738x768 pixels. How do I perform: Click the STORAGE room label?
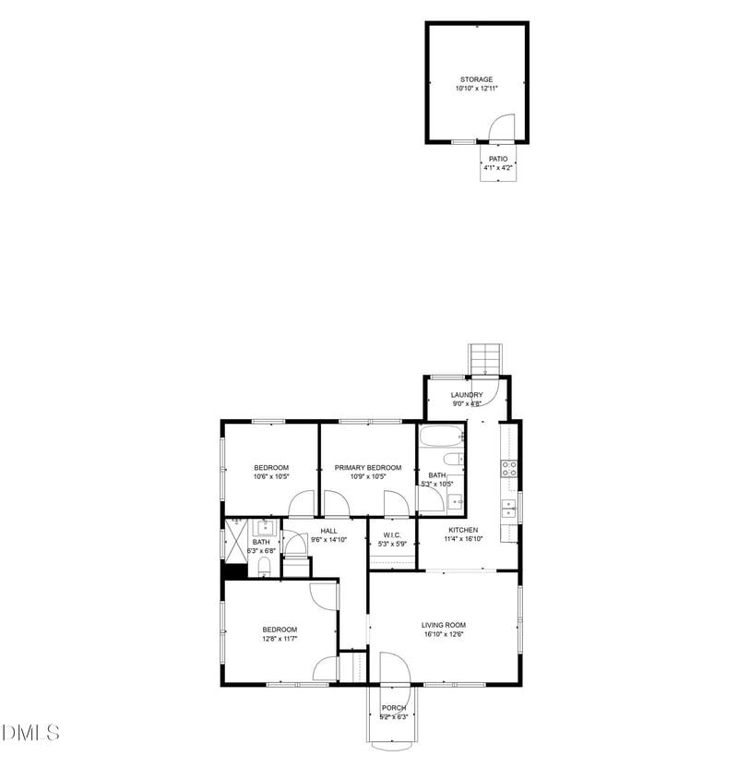pyautogui.click(x=476, y=79)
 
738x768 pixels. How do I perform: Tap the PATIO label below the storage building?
pyautogui.click(x=498, y=159)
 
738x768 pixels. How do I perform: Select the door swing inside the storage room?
pyautogui.click(x=501, y=127)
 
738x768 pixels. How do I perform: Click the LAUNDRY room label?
pyautogui.click(x=467, y=395)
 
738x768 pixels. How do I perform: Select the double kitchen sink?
pyautogui.click(x=507, y=507)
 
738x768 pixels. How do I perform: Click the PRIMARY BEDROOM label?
pyautogui.click(x=368, y=467)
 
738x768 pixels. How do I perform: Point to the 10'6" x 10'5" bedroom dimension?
pyautogui.click(x=271, y=477)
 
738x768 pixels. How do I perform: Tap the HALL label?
pyautogui.click(x=328, y=531)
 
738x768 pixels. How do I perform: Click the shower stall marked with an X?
pyautogui.click(x=237, y=540)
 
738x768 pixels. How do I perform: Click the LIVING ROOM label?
pyautogui.click(x=444, y=625)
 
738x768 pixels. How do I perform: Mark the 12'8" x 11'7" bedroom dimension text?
pyautogui.click(x=279, y=639)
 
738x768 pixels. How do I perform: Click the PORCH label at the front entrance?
pyautogui.click(x=394, y=708)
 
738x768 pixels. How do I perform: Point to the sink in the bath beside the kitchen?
pyautogui.click(x=454, y=502)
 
